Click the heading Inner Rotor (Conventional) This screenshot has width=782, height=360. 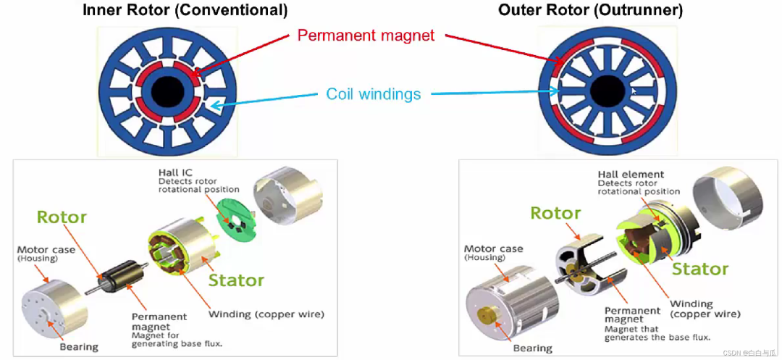pyautogui.click(x=185, y=10)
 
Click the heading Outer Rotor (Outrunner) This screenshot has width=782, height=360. pyautogui.click(x=590, y=10)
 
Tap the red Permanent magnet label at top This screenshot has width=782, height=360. pyautogui.click(x=367, y=35)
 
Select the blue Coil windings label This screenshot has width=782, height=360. pyautogui.click(x=374, y=93)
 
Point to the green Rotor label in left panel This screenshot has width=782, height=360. pyautogui.click(x=62, y=217)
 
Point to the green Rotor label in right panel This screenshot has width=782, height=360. pyautogui.click(x=555, y=213)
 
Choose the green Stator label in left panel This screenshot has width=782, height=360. pyautogui.click(x=236, y=280)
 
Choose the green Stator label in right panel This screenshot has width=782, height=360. pyautogui.click(x=700, y=269)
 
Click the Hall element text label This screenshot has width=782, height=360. pyautogui.click(x=631, y=174)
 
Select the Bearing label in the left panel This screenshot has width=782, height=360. pyautogui.click(x=79, y=347)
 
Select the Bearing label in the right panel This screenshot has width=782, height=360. pyautogui.click(x=532, y=348)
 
